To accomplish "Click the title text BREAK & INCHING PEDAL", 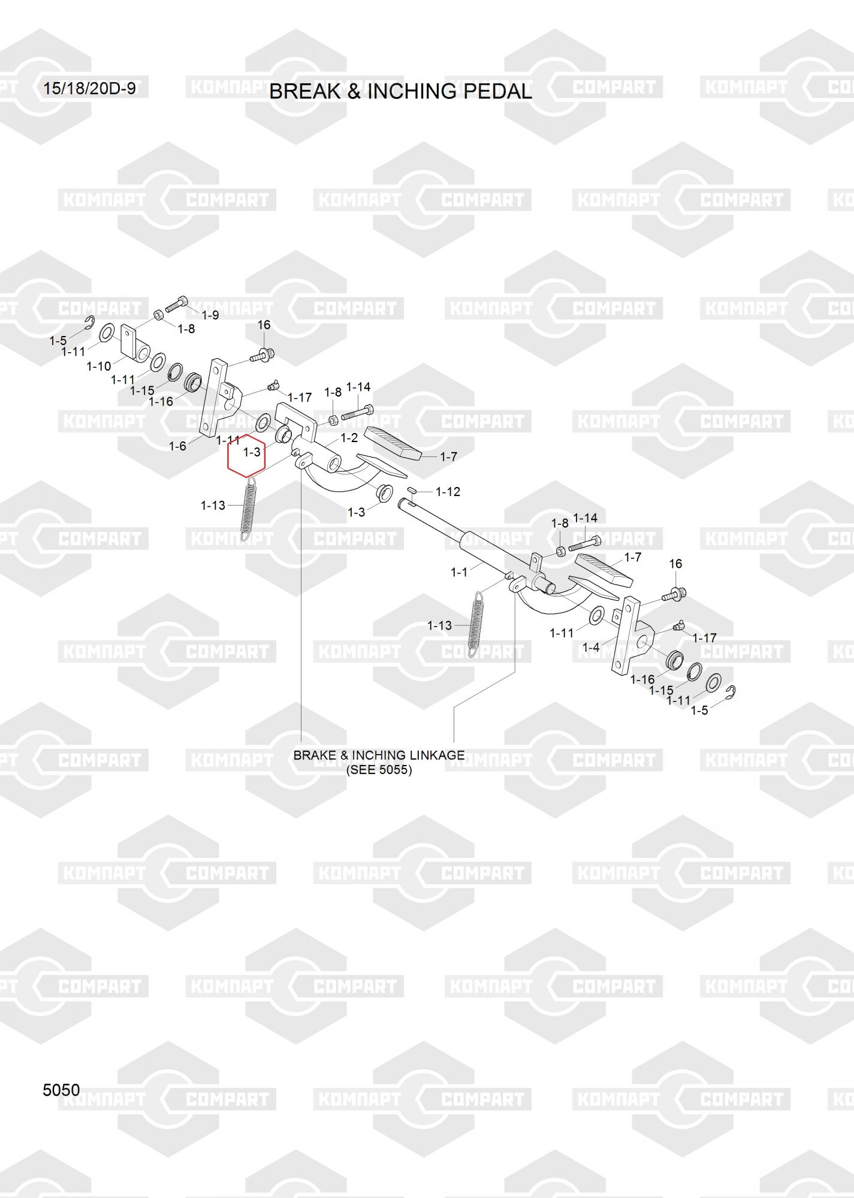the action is pyautogui.click(x=400, y=91).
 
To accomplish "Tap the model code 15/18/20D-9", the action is pyautogui.click(x=89, y=89).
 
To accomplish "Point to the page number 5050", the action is pyautogui.click(x=61, y=1090).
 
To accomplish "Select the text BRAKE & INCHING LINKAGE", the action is pyautogui.click(x=379, y=755).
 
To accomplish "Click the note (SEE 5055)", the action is pyautogui.click(x=379, y=770).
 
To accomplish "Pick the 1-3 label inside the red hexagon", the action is pyautogui.click(x=252, y=452).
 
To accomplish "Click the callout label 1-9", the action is pyautogui.click(x=210, y=315).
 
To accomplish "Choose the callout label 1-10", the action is pyautogui.click(x=99, y=366).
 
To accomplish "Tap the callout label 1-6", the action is pyautogui.click(x=177, y=446).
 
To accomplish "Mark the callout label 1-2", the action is pyautogui.click(x=349, y=438).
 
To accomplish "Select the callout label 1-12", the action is pyautogui.click(x=448, y=492).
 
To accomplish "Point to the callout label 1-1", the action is pyautogui.click(x=459, y=573).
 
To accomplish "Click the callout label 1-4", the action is pyautogui.click(x=591, y=648).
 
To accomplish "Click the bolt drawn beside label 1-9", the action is pyautogui.click(x=176, y=304).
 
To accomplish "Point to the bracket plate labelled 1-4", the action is pyautogui.click(x=632, y=635).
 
